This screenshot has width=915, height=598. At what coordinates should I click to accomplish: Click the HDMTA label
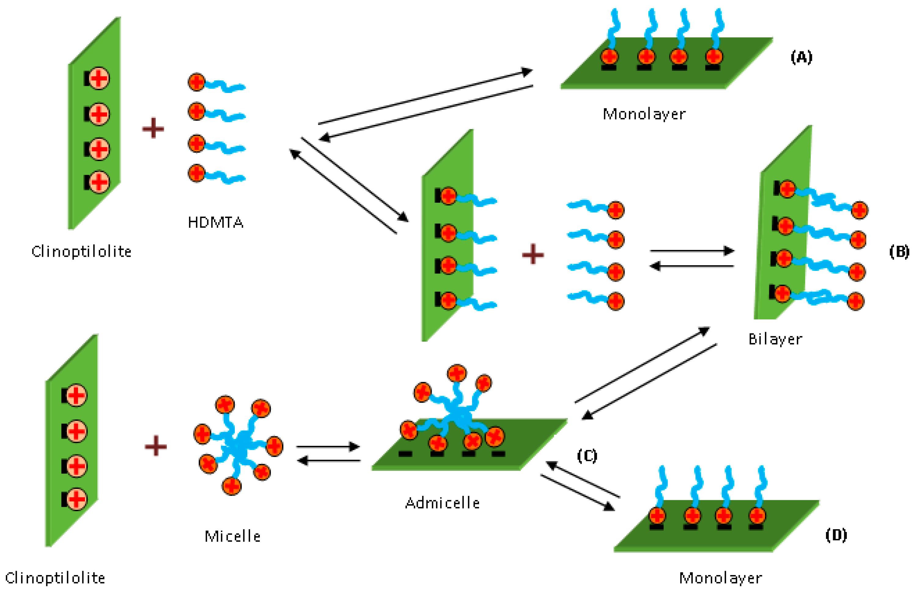215,222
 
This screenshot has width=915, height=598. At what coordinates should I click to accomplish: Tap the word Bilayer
775,339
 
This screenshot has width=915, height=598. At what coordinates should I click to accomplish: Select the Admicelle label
442,503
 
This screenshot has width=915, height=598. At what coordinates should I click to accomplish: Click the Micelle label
232,536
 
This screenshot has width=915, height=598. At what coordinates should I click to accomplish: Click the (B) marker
899,252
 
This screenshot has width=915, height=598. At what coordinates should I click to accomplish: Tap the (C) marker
587,456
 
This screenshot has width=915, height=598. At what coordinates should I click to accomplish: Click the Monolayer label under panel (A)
644,114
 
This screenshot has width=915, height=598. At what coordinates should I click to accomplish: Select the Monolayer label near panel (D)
720,578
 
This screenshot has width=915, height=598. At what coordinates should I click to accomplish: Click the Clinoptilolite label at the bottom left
55,578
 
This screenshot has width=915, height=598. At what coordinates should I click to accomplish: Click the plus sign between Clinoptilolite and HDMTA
153,128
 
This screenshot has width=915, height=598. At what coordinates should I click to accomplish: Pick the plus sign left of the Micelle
156,446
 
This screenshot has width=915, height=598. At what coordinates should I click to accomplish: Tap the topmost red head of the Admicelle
457,373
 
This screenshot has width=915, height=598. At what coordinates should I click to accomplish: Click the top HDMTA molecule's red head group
197,82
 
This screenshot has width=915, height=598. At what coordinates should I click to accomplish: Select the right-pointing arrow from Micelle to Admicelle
327,447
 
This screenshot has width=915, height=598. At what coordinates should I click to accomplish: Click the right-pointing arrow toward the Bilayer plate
692,251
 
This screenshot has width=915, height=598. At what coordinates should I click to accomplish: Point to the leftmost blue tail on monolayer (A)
614,27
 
